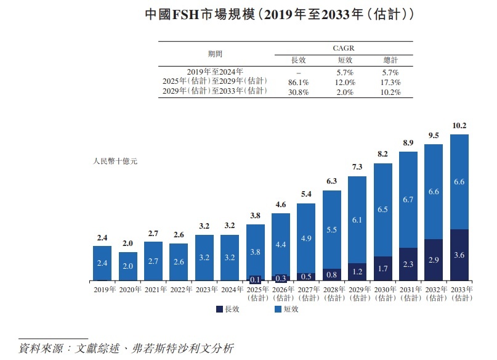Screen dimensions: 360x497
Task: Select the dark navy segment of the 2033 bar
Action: tap(459, 255)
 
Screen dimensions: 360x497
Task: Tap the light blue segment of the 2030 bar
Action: tap(383, 210)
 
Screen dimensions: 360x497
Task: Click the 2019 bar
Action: tap(102, 263)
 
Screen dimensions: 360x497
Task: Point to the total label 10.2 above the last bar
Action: tap(459, 125)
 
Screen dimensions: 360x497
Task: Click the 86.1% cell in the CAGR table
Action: tap(298, 83)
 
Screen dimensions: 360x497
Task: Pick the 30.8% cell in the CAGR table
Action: tap(298, 92)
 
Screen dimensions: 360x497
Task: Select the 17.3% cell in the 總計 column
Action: tap(390, 83)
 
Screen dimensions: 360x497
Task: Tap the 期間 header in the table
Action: tap(216, 54)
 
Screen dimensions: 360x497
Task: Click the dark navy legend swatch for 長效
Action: tap(220, 309)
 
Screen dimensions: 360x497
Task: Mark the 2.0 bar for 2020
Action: tap(128, 266)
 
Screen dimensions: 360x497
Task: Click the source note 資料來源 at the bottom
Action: tap(126, 347)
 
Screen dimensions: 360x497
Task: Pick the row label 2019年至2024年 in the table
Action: tap(216, 72)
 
